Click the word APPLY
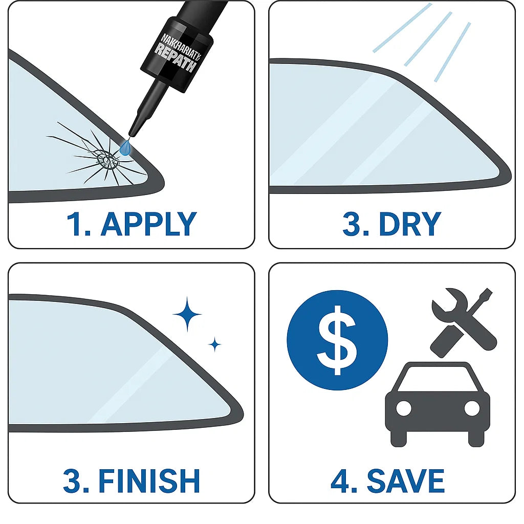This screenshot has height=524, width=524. [x=148, y=224]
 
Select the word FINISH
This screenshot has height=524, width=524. [x=149, y=481]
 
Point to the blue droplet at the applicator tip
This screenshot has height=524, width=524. [x=125, y=147]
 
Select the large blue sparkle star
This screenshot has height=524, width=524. [x=187, y=313]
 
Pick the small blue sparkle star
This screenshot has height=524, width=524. [x=215, y=344]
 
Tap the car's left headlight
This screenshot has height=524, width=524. [x=404, y=408]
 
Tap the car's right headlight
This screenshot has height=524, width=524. [x=472, y=408]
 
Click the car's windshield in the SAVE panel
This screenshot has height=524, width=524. [x=438, y=380]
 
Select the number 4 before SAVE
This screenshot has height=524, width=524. [x=340, y=481]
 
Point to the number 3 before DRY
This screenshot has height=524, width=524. [x=351, y=224]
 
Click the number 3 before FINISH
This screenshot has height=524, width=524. [x=72, y=481]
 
